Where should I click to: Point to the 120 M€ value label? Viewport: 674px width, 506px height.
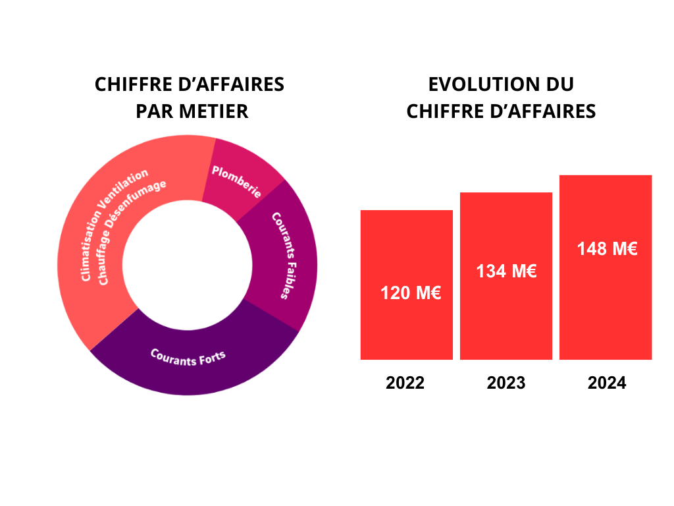pyautogui.click(x=411, y=293)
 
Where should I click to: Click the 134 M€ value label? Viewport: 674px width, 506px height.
pyautogui.click(x=506, y=271)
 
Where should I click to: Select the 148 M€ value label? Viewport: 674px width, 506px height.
pyautogui.click(x=607, y=249)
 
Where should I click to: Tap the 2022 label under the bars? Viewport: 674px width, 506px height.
pyautogui.click(x=405, y=383)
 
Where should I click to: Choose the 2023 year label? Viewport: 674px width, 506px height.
pyautogui.click(x=506, y=383)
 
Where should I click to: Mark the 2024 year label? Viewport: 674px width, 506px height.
pyautogui.click(x=607, y=383)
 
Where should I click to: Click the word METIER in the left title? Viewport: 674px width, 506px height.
pyautogui.click(x=211, y=111)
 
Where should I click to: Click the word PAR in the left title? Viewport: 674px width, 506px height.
pyautogui.click(x=151, y=111)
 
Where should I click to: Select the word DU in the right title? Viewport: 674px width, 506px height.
pyautogui.click(x=559, y=85)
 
